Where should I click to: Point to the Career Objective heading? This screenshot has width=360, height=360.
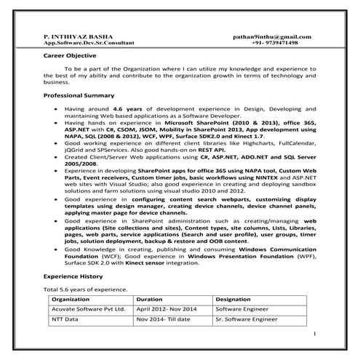(x=68, y=55)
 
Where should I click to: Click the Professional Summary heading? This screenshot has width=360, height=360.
(x=79, y=95)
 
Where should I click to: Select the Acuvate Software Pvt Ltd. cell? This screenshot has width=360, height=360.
(x=87, y=309)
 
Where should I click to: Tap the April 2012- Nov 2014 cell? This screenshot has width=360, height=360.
(x=165, y=309)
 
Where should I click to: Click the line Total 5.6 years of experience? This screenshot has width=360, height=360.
(x=86, y=289)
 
